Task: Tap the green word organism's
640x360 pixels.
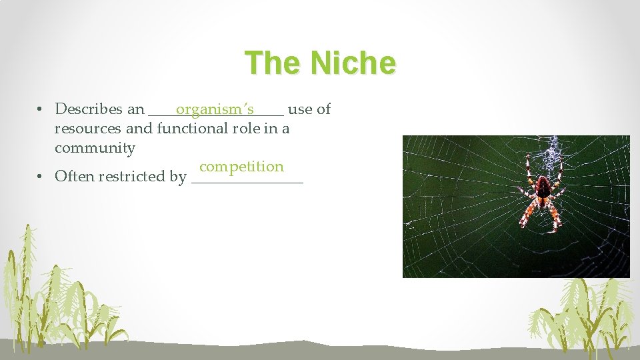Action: click(x=215, y=109)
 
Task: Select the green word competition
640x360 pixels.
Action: click(x=241, y=167)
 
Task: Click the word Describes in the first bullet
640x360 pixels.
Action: click(x=89, y=109)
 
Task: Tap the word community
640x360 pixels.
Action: click(x=95, y=148)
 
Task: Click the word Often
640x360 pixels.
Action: click(x=74, y=177)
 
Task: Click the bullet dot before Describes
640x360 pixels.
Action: click(x=41, y=109)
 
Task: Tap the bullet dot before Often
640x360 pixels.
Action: click(x=41, y=177)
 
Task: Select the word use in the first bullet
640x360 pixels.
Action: click(x=300, y=109)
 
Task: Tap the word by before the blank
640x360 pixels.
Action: click(x=178, y=177)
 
